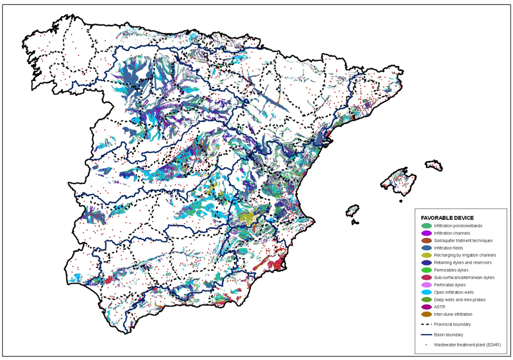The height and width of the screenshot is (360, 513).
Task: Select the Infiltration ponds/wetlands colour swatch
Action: (x=426, y=226)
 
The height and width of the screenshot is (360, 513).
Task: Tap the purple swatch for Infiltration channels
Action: (x=426, y=233)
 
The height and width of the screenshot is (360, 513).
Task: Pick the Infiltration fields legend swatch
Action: (x=426, y=248)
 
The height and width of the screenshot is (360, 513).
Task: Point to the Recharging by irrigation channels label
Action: (x=465, y=255)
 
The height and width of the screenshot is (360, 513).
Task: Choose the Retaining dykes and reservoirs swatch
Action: (x=426, y=262)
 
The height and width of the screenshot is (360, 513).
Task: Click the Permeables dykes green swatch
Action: (x=426, y=270)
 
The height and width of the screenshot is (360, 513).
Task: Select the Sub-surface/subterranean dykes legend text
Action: (x=464, y=277)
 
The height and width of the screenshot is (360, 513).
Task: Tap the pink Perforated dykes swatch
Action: (x=426, y=285)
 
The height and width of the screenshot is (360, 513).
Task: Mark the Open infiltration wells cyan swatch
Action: (x=426, y=292)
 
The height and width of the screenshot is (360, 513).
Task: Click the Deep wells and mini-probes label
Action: (x=459, y=299)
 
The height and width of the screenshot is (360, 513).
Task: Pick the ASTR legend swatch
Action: (x=426, y=307)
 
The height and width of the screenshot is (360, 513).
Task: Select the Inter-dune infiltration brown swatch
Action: (x=426, y=314)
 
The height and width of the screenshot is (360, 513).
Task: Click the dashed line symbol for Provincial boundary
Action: (x=426, y=324)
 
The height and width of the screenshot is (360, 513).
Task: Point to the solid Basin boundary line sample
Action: (x=426, y=334)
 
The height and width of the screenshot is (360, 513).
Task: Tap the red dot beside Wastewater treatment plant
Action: (x=426, y=344)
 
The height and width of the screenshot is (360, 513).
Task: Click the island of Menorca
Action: (x=434, y=165)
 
